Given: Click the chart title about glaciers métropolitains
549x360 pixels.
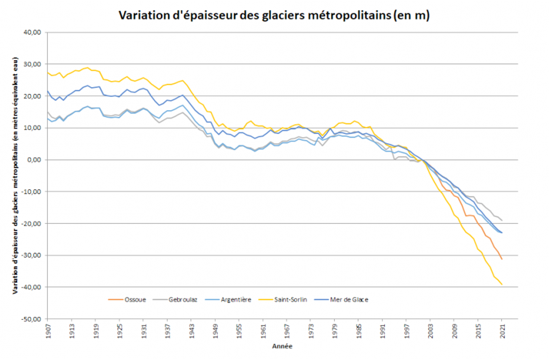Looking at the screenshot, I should click(274, 15).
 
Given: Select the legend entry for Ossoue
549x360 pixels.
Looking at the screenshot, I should click(135, 300).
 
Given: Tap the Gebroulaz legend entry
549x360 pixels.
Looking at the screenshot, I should click(183, 300).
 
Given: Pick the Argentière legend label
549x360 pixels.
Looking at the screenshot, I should click(236, 300).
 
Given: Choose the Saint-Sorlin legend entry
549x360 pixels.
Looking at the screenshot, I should click(290, 300).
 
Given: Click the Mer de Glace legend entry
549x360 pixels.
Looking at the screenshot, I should click(349, 300).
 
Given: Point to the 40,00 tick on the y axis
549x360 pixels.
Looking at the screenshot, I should click(32, 32).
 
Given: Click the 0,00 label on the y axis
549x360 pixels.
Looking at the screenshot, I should click(34, 160).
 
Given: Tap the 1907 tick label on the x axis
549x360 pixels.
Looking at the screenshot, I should click(48, 331).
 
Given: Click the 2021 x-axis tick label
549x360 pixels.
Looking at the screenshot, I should click(502, 331).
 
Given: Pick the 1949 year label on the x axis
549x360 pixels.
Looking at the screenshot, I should click(216, 331).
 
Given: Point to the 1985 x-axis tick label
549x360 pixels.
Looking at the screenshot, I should click(359, 331).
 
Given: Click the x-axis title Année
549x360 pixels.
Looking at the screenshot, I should click(282, 346).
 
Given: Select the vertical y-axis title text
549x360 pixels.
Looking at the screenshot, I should click(15, 176).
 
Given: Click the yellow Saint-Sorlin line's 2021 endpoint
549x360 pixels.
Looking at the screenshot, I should click(502, 285).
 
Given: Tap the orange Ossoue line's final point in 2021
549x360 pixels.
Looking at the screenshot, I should click(502, 259).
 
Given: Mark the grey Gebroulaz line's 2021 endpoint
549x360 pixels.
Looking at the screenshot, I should click(502, 220).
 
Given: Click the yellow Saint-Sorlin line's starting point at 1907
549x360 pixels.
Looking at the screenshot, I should click(48, 73).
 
